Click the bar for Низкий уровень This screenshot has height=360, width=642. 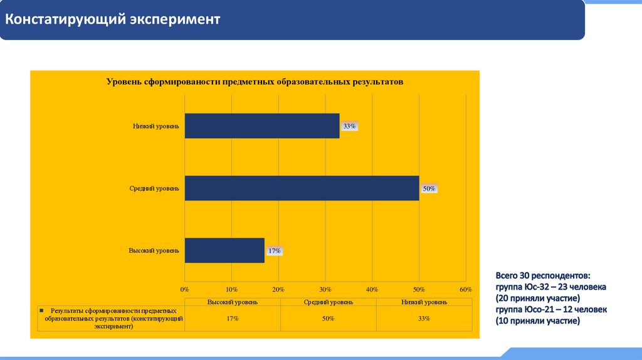click(x=262, y=125)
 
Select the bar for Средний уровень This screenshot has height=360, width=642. click(x=302, y=188)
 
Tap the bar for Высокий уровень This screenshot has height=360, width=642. click(x=224, y=250)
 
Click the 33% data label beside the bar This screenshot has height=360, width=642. click(x=349, y=126)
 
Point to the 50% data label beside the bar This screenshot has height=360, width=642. click(x=429, y=189)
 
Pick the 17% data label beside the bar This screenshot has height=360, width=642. click(x=274, y=251)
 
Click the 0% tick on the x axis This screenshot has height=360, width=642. click(x=184, y=289)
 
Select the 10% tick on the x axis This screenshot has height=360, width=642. click(x=231, y=289)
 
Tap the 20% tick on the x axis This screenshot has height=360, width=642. click(x=278, y=289)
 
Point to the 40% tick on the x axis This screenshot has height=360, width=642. click(x=372, y=289)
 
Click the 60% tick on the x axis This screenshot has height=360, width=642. click(x=465, y=289)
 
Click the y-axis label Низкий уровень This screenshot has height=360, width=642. click(x=156, y=126)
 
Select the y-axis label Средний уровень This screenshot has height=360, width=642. click(x=154, y=188)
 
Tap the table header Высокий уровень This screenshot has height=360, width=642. click(x=232, y=302)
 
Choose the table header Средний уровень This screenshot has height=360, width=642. click(x=327, y=302)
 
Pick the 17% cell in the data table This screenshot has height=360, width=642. click(x=232, y=319)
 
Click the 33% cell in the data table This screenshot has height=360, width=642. click(x=424, y=319)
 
